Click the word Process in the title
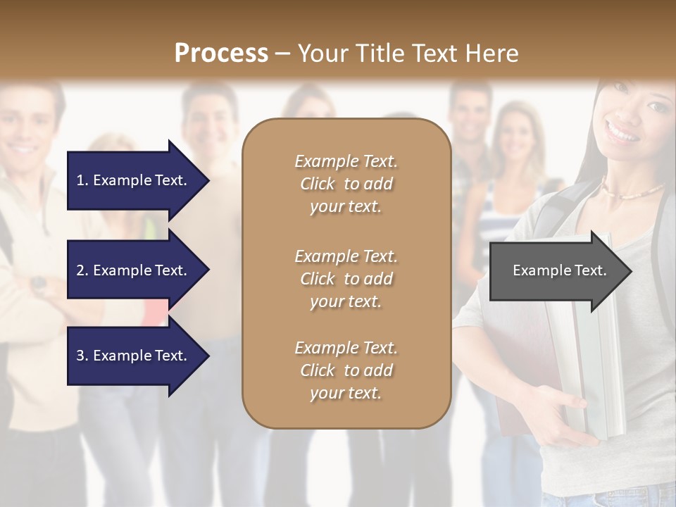pos(221,54)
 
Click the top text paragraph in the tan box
pos(346,184)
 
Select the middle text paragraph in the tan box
pos(346,279)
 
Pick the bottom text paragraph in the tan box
pos(346,370)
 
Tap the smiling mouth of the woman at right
pos(622,132)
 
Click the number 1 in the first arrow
pos(80,181)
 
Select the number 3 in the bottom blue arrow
pos(80,356)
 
